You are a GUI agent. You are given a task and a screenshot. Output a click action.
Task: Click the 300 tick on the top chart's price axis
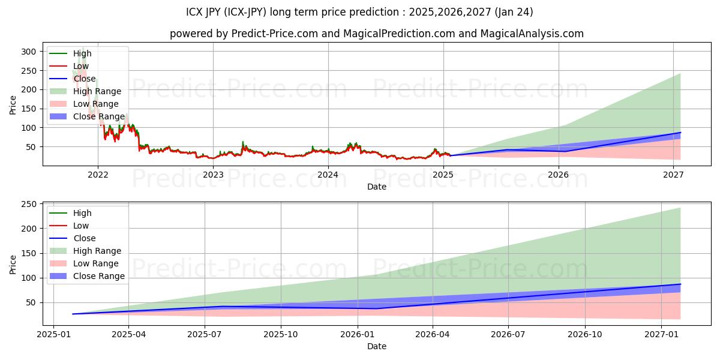click(x=29, y=52)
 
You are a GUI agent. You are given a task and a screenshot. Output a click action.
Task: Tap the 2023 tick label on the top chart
click(x=213, y=175)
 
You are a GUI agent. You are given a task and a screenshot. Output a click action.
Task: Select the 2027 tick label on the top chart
click(x=674, y=175)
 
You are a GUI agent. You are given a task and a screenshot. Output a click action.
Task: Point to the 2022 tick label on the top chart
click(x=98, y=175)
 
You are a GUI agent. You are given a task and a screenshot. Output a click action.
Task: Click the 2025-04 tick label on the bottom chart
click(x=129, y=334)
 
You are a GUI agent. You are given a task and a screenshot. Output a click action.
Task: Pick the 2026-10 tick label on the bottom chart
click(x=584, y=334)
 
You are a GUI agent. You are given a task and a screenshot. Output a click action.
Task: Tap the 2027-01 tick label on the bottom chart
click(x=661, y=334)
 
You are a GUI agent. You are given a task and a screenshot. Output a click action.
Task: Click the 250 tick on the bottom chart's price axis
click(x=29, y=205)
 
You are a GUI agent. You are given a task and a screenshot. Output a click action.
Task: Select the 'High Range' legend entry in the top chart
click(x=97, y=91)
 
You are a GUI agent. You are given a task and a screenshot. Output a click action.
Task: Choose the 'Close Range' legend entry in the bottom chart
click(x=98, y=276)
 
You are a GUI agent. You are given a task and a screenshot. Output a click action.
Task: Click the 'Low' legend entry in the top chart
click(x=80, y=66)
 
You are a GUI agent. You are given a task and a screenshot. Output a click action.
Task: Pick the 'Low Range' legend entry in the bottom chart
click(x=95, y=263)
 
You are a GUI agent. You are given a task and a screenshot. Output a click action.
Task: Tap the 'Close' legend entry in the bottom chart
click(x=84, y=238)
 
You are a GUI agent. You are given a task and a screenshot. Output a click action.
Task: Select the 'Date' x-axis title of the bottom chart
click(x=376, y=346)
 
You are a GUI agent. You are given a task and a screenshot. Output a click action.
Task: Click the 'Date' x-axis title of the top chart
click(x=376, y=187)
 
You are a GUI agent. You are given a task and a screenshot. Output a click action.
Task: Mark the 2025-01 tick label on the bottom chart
click(x=53, y=334)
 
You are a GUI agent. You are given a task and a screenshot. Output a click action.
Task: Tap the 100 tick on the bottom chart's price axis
click(x=29, y=278)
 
